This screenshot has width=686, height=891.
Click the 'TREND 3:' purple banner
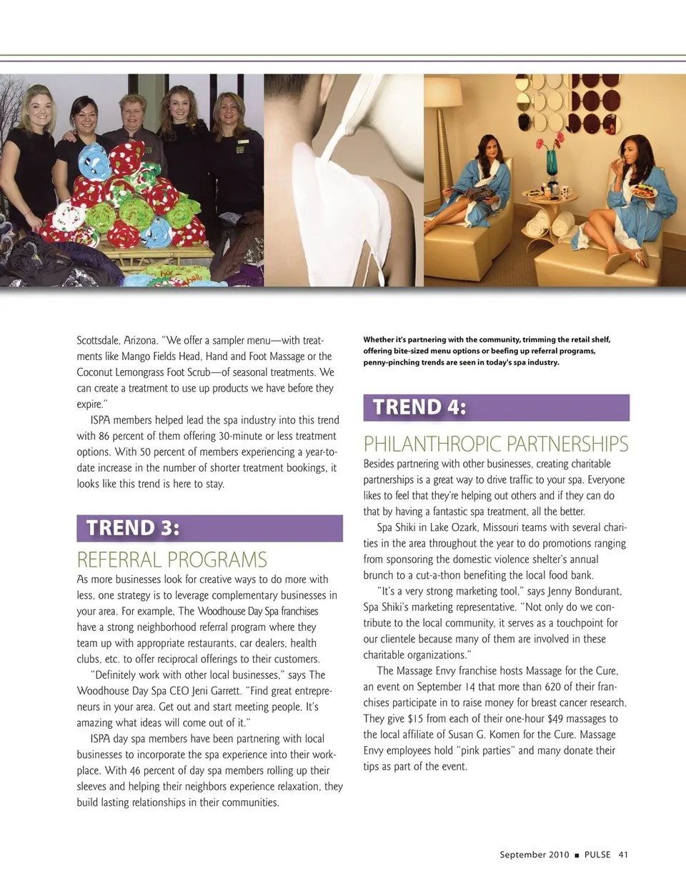point(209,528)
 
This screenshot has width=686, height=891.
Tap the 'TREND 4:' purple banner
point(496,407)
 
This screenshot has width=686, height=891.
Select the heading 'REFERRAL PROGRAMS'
point(171,559)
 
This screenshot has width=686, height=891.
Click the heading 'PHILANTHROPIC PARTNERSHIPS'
point(496,444)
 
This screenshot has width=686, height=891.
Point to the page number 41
point(623,855)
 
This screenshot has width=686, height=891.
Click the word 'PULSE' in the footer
point(597,855)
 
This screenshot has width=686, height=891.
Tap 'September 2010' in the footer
point(535,855)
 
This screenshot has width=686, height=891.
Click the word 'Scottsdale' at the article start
point(98,340)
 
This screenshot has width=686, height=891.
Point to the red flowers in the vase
point(551,141)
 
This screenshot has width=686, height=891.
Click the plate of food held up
point(642,191)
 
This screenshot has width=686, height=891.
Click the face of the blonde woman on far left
point(38,111)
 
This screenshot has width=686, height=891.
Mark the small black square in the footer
point(577,855)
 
